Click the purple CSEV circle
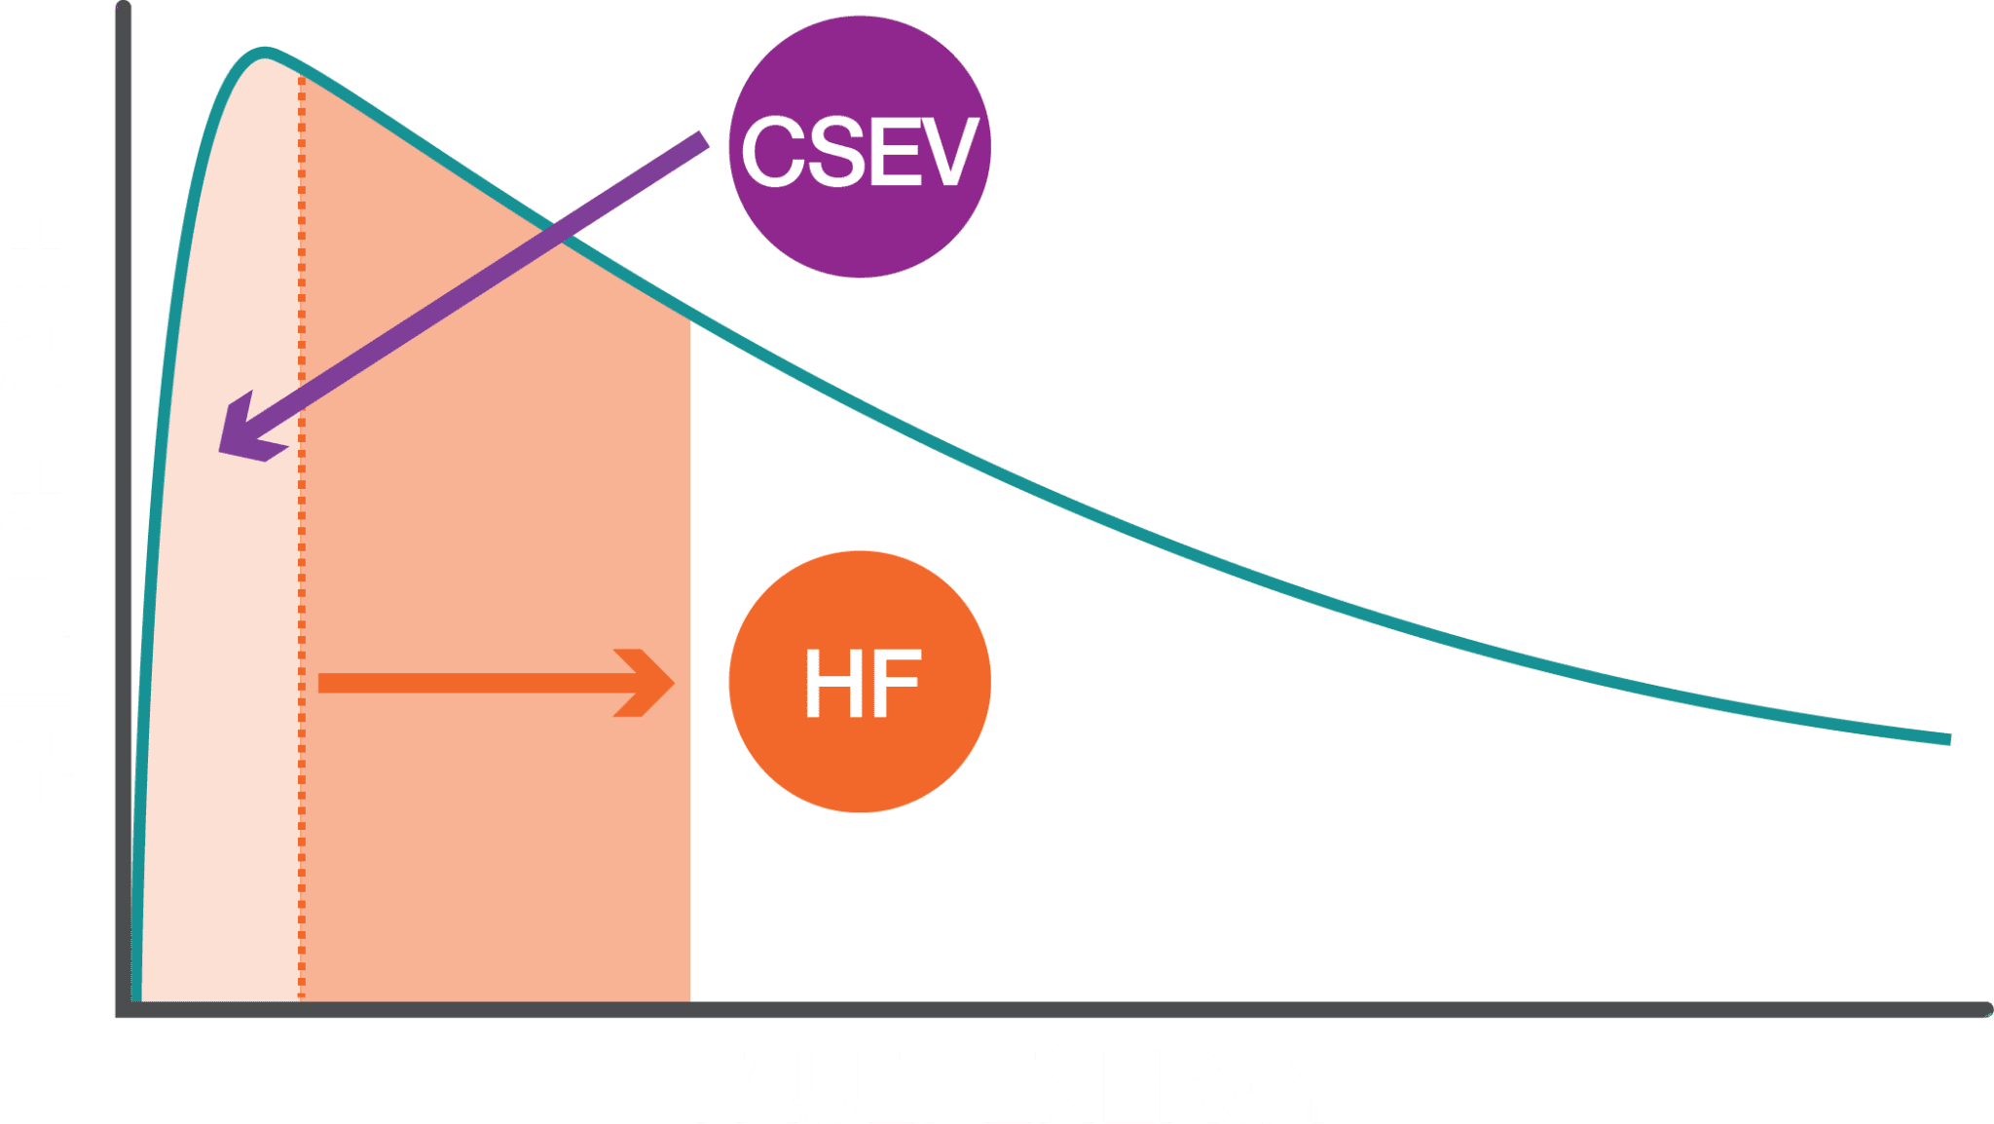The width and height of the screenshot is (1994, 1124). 861,147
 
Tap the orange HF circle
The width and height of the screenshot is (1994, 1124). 861,682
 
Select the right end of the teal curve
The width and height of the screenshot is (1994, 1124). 1948,739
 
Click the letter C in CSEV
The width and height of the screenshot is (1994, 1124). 775,152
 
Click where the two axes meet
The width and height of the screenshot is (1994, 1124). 123,1010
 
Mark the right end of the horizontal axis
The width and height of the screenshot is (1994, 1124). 1986,1010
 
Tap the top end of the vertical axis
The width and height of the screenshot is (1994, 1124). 123,8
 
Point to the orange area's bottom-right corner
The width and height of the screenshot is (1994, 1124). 688,998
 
